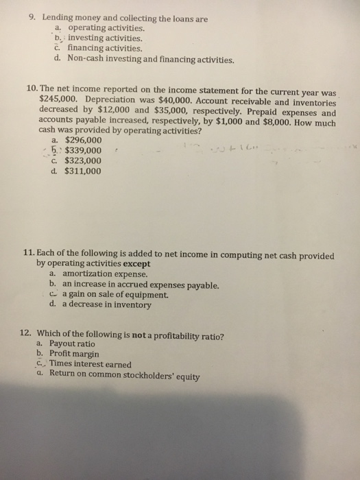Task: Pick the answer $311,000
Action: click(x=82, y=171)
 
